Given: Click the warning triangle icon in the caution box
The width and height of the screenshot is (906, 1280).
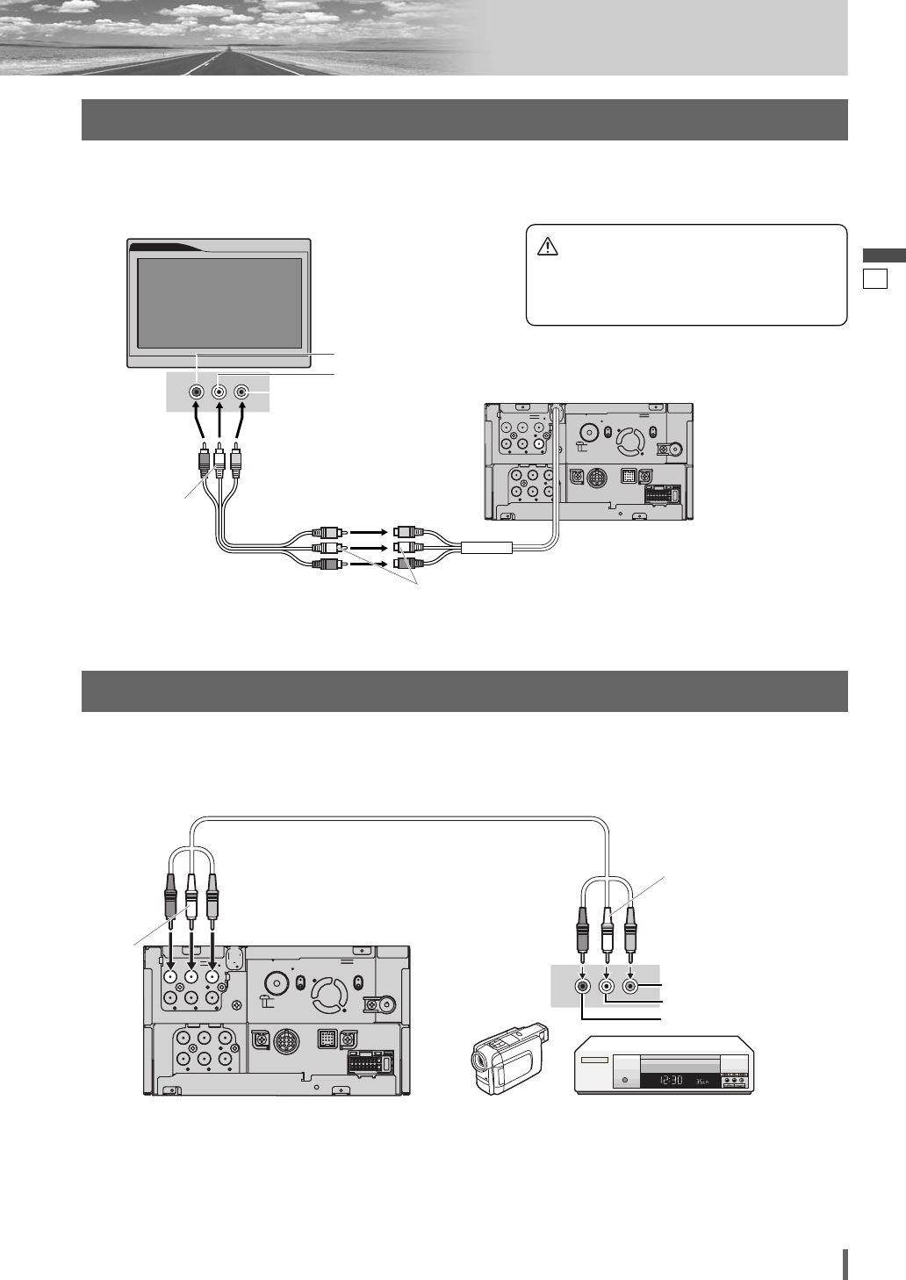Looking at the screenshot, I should pos(547,247).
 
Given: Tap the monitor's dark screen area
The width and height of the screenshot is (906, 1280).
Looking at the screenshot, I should pos(220,303).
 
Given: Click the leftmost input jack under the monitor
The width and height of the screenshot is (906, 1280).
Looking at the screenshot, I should pos(198,394).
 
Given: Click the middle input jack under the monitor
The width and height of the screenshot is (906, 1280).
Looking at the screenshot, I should pos(219,394).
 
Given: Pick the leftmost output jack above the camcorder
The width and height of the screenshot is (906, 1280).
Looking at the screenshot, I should pos(584,986).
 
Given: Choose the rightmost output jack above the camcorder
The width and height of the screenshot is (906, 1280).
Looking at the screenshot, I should pos(629,986).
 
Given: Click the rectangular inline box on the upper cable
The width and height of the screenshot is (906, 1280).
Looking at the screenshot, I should pos(486,549).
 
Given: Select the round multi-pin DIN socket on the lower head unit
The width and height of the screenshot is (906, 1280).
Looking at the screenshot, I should pos(285,1042).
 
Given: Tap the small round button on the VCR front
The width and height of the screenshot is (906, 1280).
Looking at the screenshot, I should pos(624,1079).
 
